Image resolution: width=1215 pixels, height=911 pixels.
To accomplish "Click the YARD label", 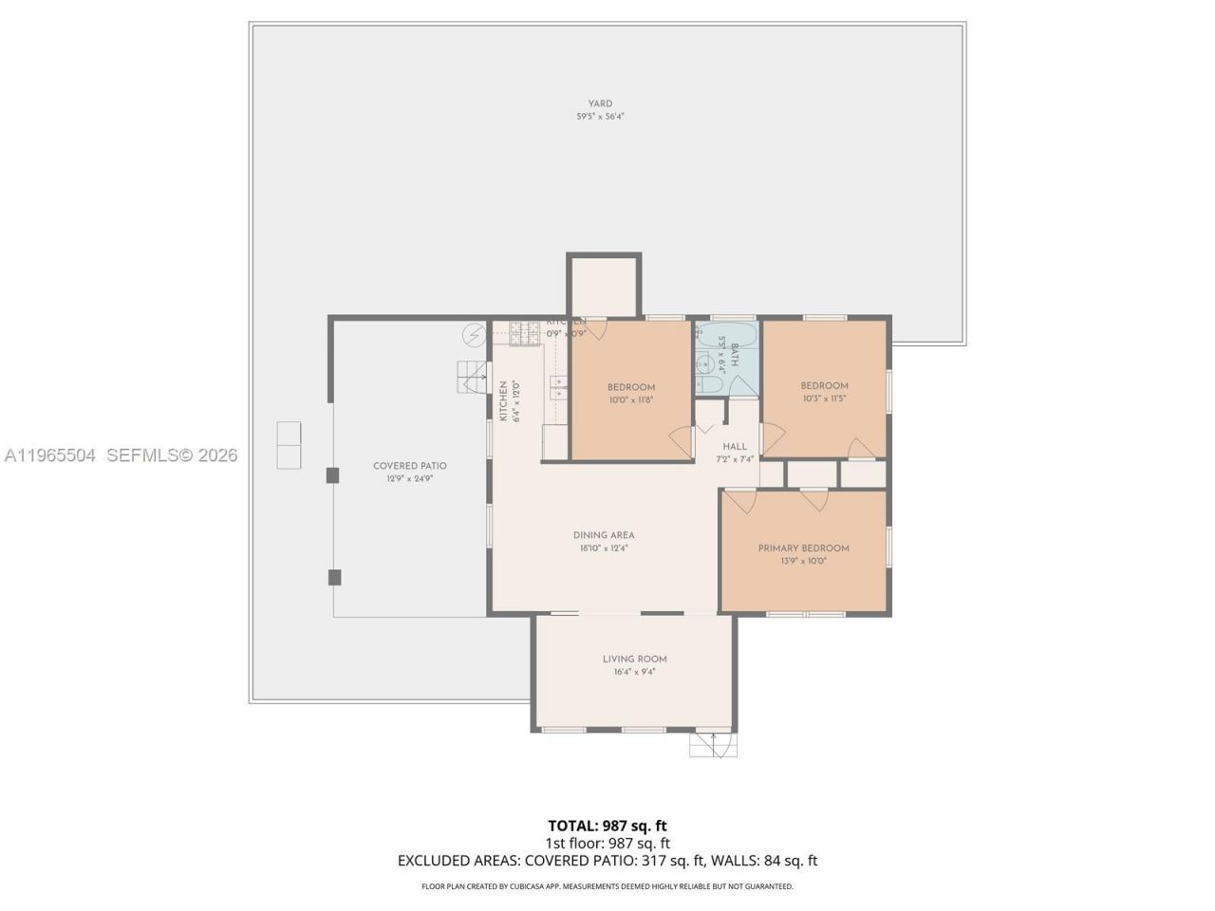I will tap(600, 103).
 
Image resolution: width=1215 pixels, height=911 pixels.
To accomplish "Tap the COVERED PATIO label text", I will tap(409, 466).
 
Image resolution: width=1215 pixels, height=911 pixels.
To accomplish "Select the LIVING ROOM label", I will tap(634, 659).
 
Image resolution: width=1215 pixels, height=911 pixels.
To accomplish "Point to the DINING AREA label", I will tap(604, 535).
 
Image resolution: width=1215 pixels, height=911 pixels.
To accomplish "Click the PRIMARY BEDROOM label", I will tap(803, 548).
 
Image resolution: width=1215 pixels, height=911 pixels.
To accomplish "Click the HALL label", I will tap(735, 446).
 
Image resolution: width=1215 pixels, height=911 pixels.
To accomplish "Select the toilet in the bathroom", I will tap(705, 384).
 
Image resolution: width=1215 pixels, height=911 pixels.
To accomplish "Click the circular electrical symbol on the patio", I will tap(473, 335).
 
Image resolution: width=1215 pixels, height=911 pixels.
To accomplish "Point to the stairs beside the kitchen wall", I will tap(472, 377).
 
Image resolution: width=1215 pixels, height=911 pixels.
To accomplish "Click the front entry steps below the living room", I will tap(713, 745).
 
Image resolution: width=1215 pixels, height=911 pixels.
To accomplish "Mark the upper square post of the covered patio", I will tap(333, 475).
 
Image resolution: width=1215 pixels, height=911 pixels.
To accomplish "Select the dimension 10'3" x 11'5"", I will tap(824, 399).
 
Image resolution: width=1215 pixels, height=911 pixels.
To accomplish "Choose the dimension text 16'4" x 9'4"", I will tap(634, 672).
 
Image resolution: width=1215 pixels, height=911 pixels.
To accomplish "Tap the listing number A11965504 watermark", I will tap(49, 455).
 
